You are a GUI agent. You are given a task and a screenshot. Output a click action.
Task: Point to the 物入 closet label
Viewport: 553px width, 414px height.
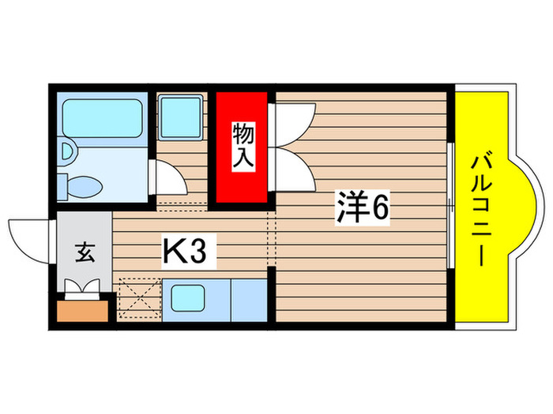(242, 146)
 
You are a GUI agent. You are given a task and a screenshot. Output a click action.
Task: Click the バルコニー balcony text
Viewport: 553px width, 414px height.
(482, 209)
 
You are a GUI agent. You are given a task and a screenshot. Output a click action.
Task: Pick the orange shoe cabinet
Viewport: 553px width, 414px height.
(83, 309)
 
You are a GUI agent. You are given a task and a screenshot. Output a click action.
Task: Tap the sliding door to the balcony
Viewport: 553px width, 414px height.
(450, 207)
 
